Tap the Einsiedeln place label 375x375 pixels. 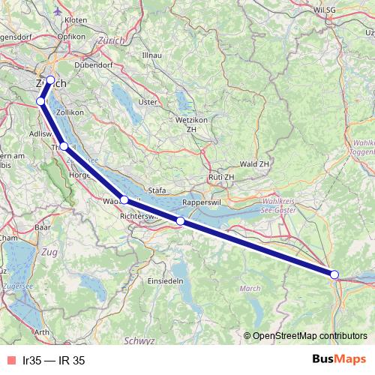142,280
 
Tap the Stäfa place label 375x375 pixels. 157,190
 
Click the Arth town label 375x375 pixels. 42,331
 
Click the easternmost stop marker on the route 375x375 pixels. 334,274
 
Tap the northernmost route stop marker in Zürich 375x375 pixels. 50,80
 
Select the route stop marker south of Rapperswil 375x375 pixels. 180,221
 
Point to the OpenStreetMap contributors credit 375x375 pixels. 308,336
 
